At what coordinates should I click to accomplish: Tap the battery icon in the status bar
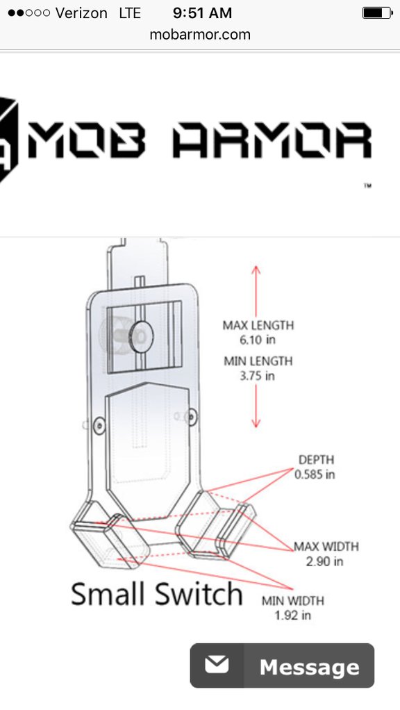click(377, 13)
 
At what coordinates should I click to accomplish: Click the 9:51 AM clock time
click(202, 13)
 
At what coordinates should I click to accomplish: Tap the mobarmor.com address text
click(200, 35)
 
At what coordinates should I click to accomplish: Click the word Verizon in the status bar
click(81, 13)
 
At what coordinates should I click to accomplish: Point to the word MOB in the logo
click(87, 140)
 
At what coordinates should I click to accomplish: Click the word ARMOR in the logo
click(272, 140)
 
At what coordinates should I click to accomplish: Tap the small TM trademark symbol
click(367, 185)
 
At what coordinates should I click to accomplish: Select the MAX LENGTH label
click(258, 325)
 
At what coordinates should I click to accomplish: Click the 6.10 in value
click(258, 340)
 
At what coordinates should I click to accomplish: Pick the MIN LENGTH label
click(258, 361)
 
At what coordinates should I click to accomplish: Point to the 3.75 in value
click(257, 376)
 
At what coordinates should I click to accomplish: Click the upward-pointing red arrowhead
click(256, 270)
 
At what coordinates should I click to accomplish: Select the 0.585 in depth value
click(315, 474)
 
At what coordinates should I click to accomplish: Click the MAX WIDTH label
click(326, 547)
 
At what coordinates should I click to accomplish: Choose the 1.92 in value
click(292, 616)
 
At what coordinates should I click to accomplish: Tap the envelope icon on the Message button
click(217, 665)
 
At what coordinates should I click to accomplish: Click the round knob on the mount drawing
click(141, 336)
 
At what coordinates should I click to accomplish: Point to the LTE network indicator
click(130, 13)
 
